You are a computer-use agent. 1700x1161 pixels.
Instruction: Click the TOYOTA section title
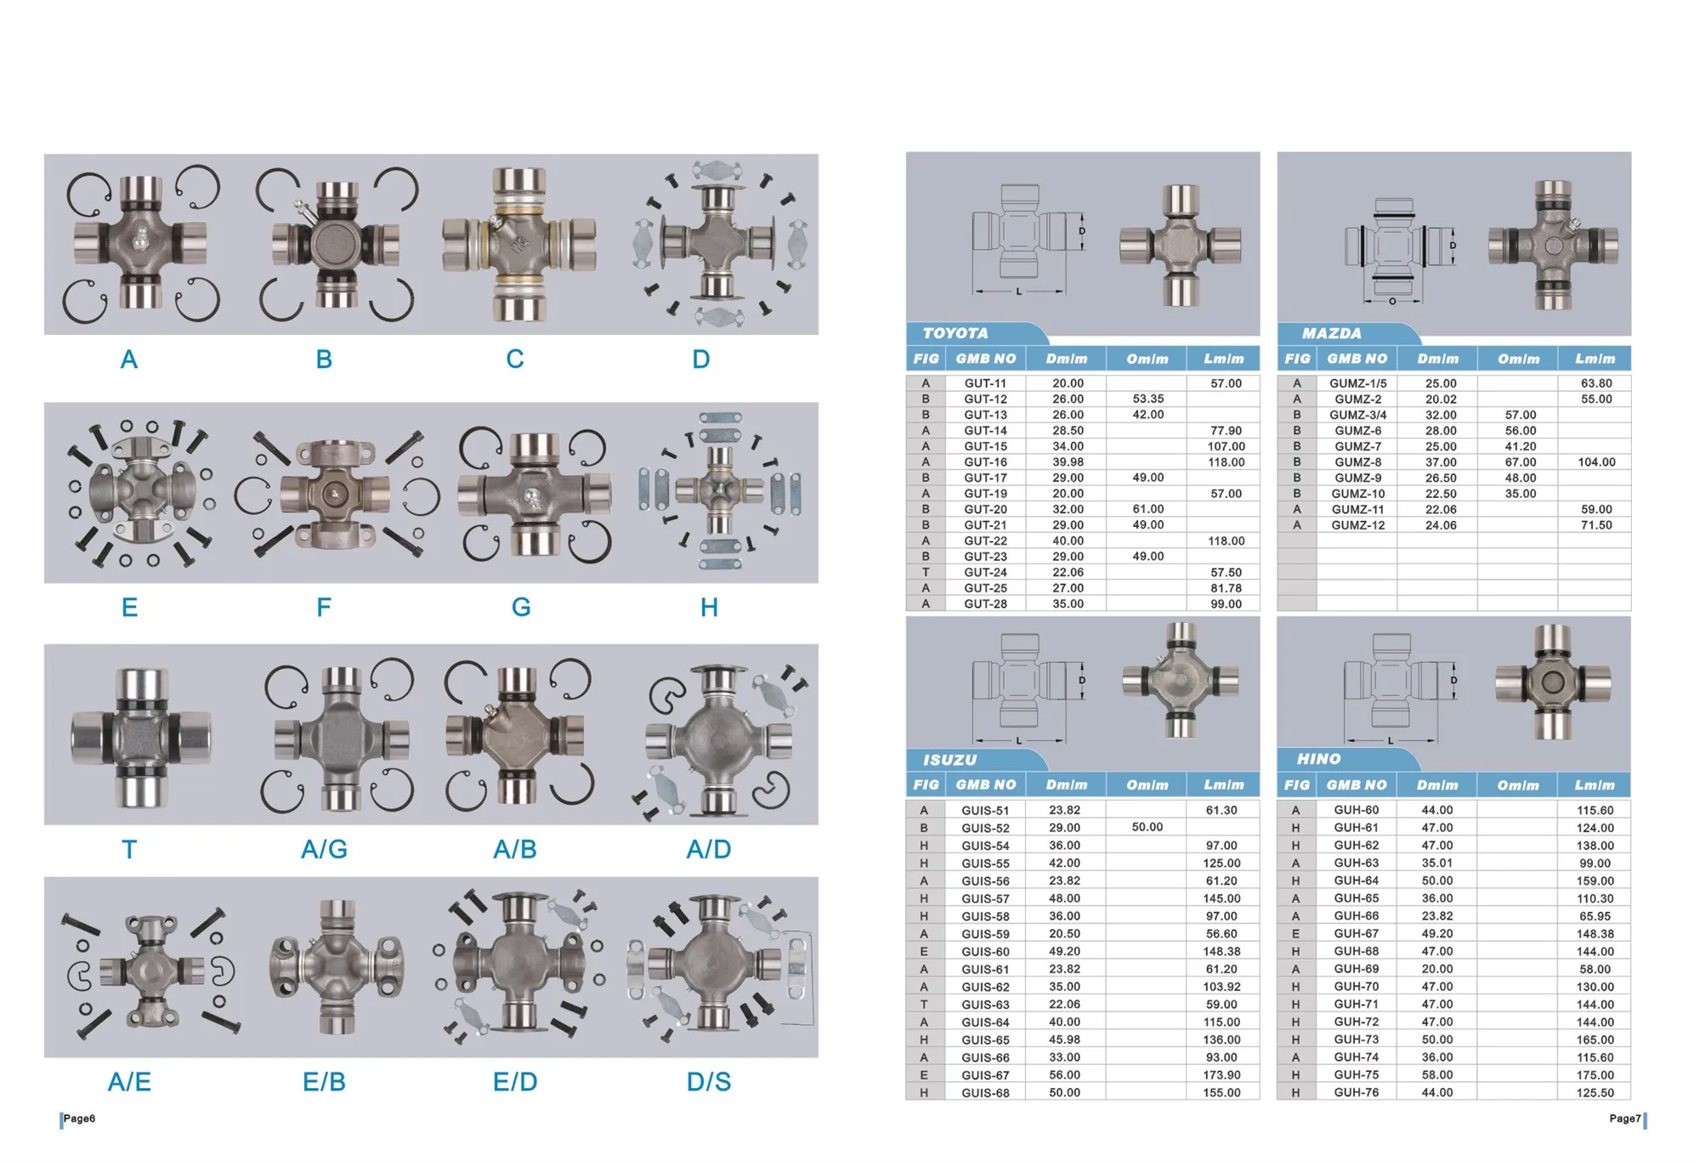955,333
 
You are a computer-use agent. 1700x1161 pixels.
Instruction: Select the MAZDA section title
1331,333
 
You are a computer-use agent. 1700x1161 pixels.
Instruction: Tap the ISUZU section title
950,760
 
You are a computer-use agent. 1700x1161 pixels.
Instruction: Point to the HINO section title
1318,759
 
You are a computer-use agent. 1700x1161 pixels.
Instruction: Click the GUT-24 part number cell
985,573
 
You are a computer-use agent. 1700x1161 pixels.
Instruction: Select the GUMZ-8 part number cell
1357,462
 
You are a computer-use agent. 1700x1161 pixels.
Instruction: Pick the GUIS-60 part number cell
985,952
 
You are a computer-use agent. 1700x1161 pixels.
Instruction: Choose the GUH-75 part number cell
1356,1075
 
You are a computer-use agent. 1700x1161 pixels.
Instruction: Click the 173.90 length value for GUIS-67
1221,1075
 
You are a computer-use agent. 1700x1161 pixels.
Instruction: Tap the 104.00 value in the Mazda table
1596,462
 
